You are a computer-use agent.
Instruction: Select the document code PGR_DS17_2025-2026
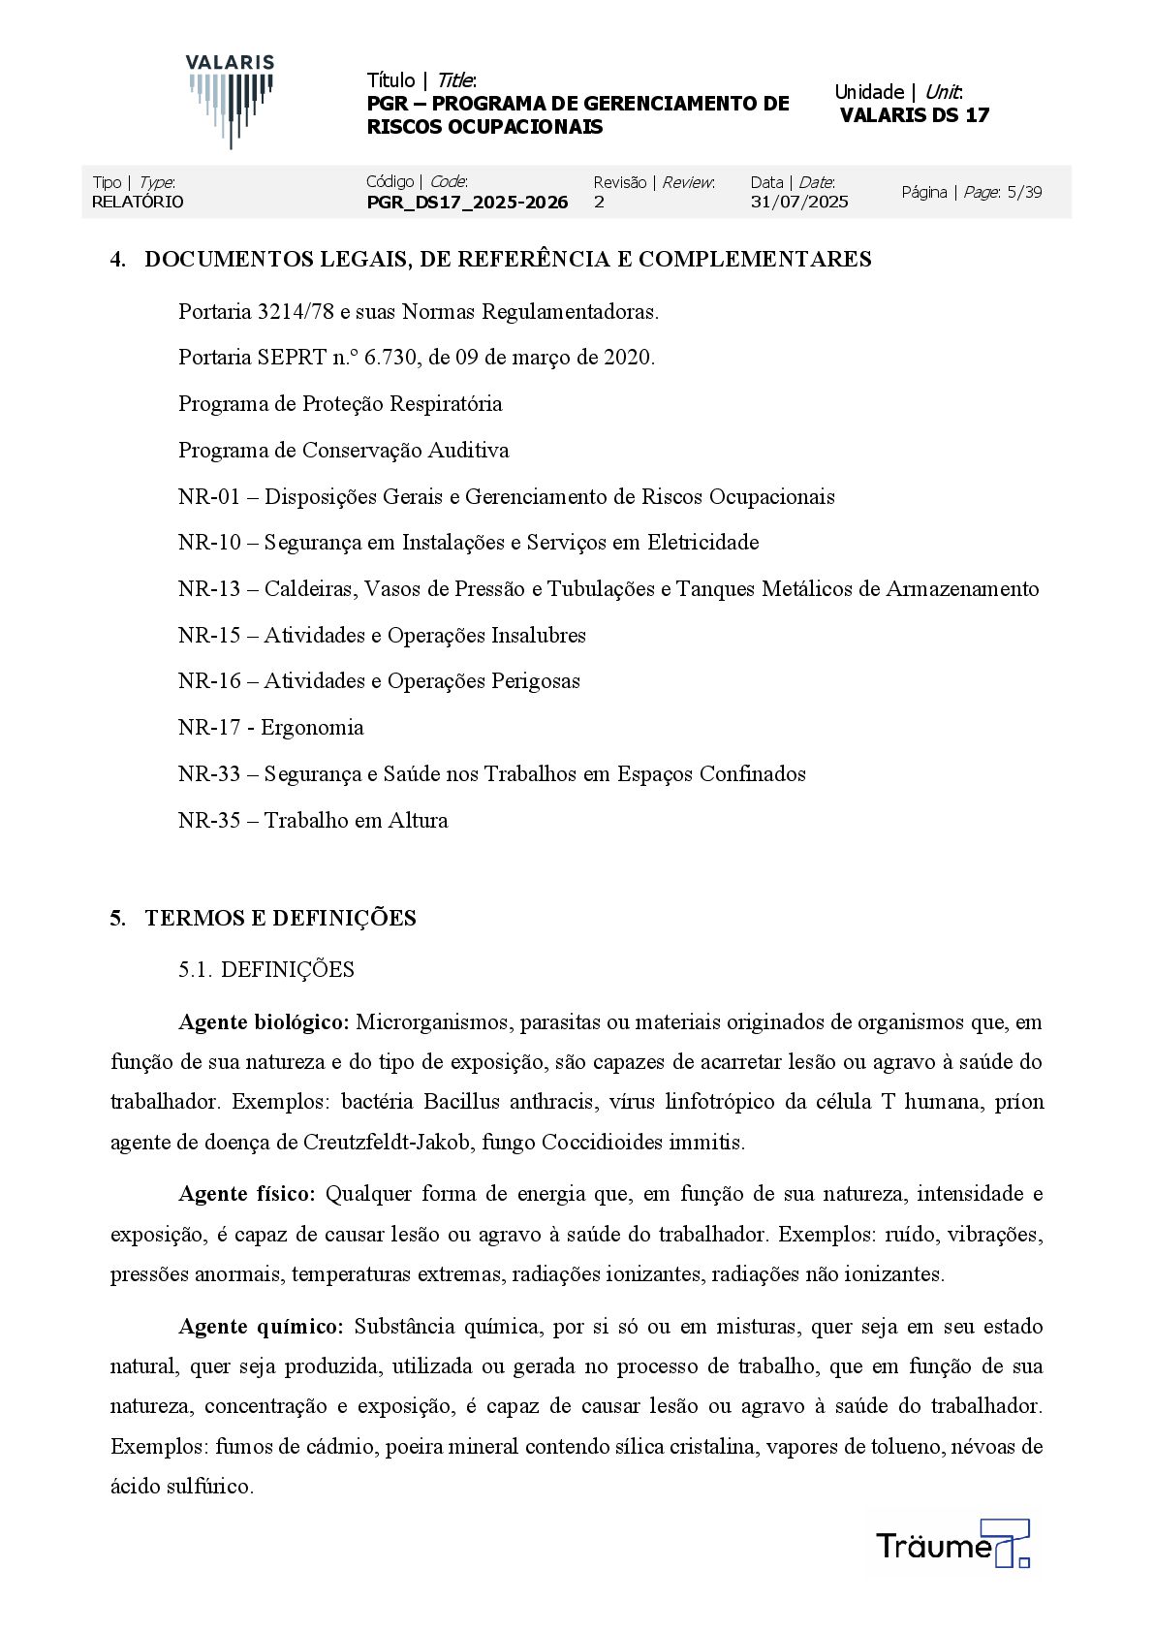[467, 203]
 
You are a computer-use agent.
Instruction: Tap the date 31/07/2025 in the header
[799, 202]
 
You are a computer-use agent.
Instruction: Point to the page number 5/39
[1024, 192]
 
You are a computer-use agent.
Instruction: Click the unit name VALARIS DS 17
[914, 115]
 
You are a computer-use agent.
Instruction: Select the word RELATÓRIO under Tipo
[138, 202]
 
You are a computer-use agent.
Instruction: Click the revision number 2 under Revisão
[599, 202]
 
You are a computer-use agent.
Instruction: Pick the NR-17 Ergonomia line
[270, 728]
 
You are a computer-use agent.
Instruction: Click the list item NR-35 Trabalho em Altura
[313, 821]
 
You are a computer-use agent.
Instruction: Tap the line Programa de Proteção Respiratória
[340, 404]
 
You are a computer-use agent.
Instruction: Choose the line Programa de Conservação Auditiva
[343, 451]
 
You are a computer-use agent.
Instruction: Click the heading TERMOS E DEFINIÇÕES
[280, 919]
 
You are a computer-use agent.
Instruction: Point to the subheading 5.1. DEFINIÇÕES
[266, 970]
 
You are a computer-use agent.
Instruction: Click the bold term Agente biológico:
[264, 1022]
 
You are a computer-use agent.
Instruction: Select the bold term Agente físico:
[247, 1194]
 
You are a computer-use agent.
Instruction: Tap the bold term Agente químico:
[261, 1327]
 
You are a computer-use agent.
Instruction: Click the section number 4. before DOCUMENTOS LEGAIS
[118, 260]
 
